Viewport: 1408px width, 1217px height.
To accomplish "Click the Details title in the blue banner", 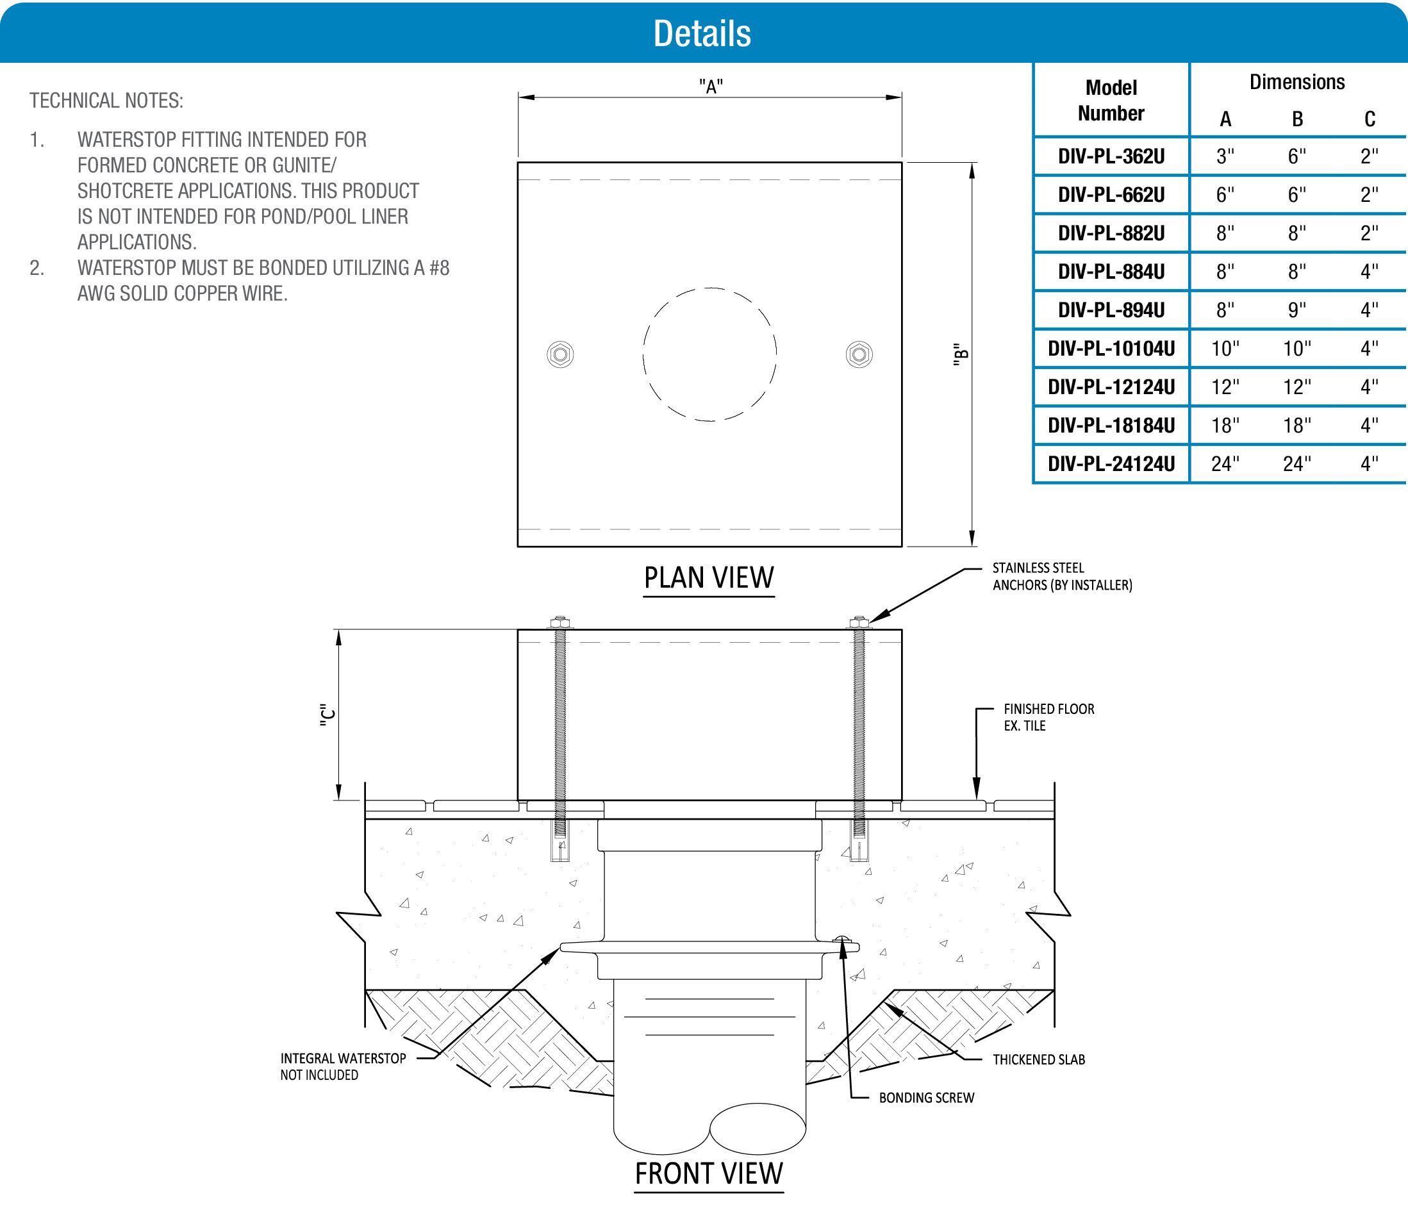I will [702, 33].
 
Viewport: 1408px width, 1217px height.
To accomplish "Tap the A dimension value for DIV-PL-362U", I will [1225, 157].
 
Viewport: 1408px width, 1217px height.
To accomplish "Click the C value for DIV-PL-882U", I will [1370, 234].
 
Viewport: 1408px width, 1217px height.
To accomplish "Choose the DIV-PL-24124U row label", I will [1111, 464].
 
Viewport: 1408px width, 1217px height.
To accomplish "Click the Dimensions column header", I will [1296, 82].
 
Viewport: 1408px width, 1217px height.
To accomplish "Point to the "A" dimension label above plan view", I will [711, 87].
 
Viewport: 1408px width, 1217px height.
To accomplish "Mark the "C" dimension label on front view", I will [327, 718].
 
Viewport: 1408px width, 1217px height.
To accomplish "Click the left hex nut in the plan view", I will [561, 354].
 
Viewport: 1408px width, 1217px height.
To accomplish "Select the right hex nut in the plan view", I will [859, 354].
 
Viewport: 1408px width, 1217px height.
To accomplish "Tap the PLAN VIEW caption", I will [709, 577].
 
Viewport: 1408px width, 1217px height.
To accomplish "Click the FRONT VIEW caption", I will [709, 1173].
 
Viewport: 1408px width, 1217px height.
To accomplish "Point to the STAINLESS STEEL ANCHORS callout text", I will [1061, 576].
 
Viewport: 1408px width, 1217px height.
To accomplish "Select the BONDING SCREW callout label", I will [926, 1097].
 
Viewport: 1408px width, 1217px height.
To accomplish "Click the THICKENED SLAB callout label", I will [1038, 1059].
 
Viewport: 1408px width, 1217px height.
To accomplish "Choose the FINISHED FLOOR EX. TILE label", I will [1048, 717].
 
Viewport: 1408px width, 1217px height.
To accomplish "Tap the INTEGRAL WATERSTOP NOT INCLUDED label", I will [342, 1066].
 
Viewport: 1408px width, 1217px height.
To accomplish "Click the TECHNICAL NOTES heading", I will [106, 101].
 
